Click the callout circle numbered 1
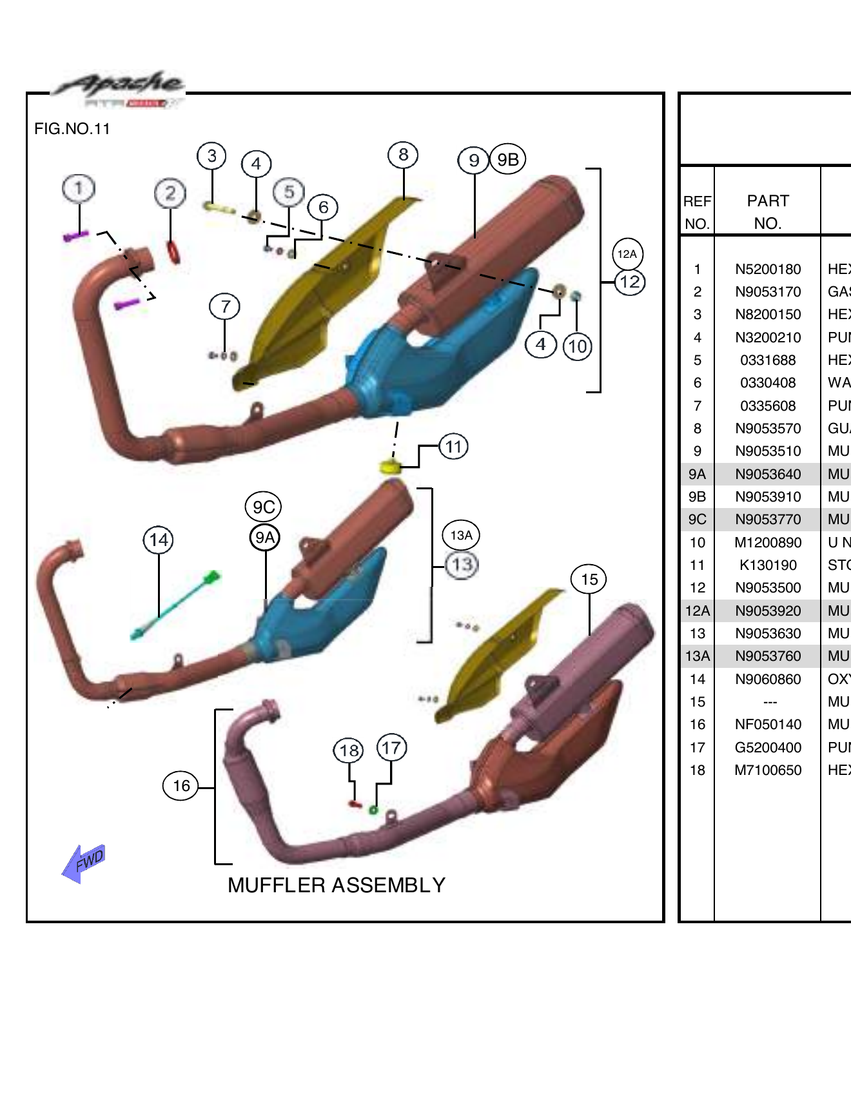pyautogui.click(x=79, y=188)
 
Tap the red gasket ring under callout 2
pyautogui.click(x=173, y=251)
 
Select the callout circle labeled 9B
pyautogui.click(x=508, y=159)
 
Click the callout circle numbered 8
pyautogui.click(x=403, y=155)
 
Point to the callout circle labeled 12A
pyautogui.click(x=627, y=254)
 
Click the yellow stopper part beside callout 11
pyautogui.click(x=389, y=466)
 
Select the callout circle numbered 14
pyautogui.click(x=159, y=540)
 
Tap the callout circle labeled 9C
pyautogui.click(x=263, y=507)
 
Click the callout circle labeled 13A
pyautogui.click(x=461, y=535)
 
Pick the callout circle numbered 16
pyautogui.click(x=181, y=785)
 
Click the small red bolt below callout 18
pyautogui.click(x=354, y=803)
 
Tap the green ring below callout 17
pyautogui.click(x=373, y=810)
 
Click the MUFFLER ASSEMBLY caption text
pyautogui.click(x=336, y=885)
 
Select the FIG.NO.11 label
pyautogui.click(x=72, y=129)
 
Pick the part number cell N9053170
pyautogui.click(x=767, y=292)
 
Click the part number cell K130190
pyautogui.click(x=767, y=565)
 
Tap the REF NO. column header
pyautogui.click(x=697, y=212)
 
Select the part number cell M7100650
pyautogui.click(x=767, y=770)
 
